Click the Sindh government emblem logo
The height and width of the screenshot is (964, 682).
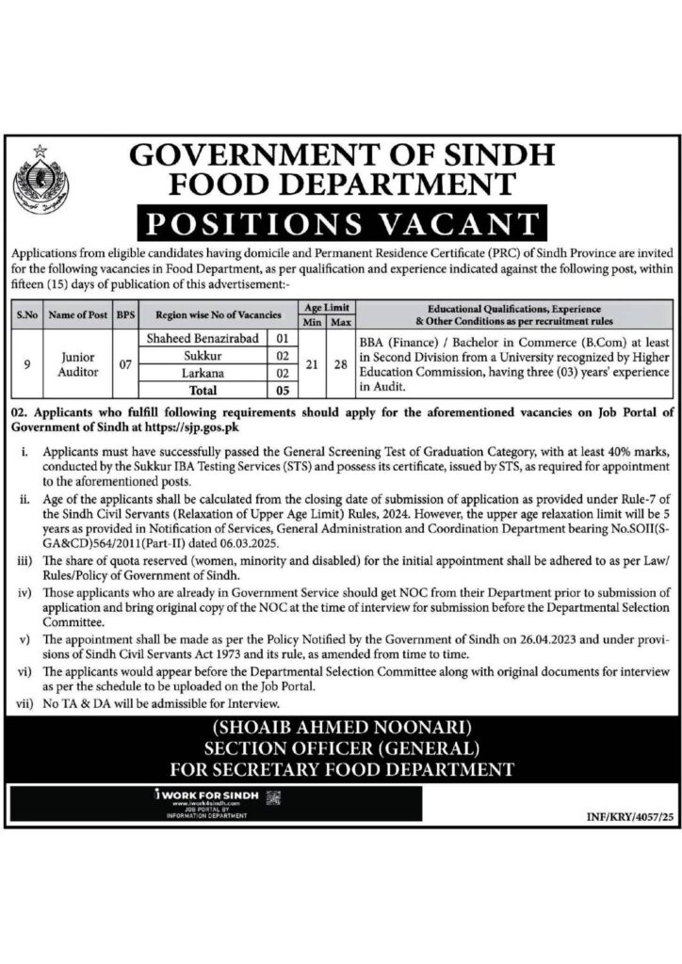pos(41,178)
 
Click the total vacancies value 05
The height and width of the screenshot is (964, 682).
pos(281,390)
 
